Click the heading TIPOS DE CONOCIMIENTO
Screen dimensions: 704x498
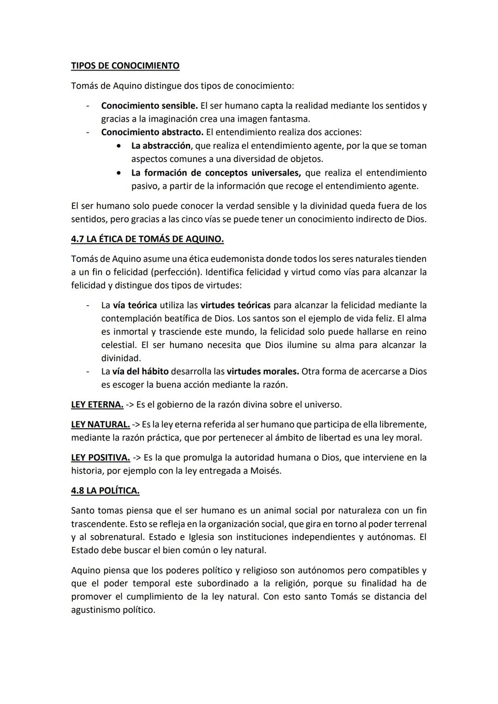tap(125, 66)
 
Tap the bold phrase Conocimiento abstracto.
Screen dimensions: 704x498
tap(152, 132)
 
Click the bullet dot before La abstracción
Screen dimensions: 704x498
tap(119, 146)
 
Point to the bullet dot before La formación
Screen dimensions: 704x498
tap(119, 173)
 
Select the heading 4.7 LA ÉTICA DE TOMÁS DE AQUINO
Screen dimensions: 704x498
tap(147, 239)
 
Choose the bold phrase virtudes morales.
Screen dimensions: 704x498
tap(263, 372)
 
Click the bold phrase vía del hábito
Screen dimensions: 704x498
tap(140, 372)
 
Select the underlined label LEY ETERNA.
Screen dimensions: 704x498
tap(97, 405)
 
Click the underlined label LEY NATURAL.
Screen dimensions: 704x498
tap(100, 424)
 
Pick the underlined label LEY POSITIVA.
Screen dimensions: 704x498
tap(100, 458)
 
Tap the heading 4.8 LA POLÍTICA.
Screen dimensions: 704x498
tap(105, 491)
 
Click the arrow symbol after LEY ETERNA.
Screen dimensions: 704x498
tap(130, 405)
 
